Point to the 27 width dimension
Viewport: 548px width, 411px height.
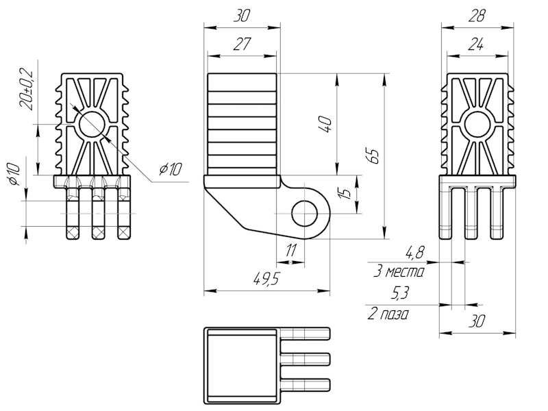241,45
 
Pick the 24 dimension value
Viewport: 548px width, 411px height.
477,45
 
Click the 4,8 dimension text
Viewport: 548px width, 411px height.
414,253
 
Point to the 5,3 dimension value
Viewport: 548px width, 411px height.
401,294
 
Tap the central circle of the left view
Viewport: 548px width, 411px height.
92,124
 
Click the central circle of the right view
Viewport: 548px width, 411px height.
477,125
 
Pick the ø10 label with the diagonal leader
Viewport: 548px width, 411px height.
169,169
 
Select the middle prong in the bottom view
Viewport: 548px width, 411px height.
306,359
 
